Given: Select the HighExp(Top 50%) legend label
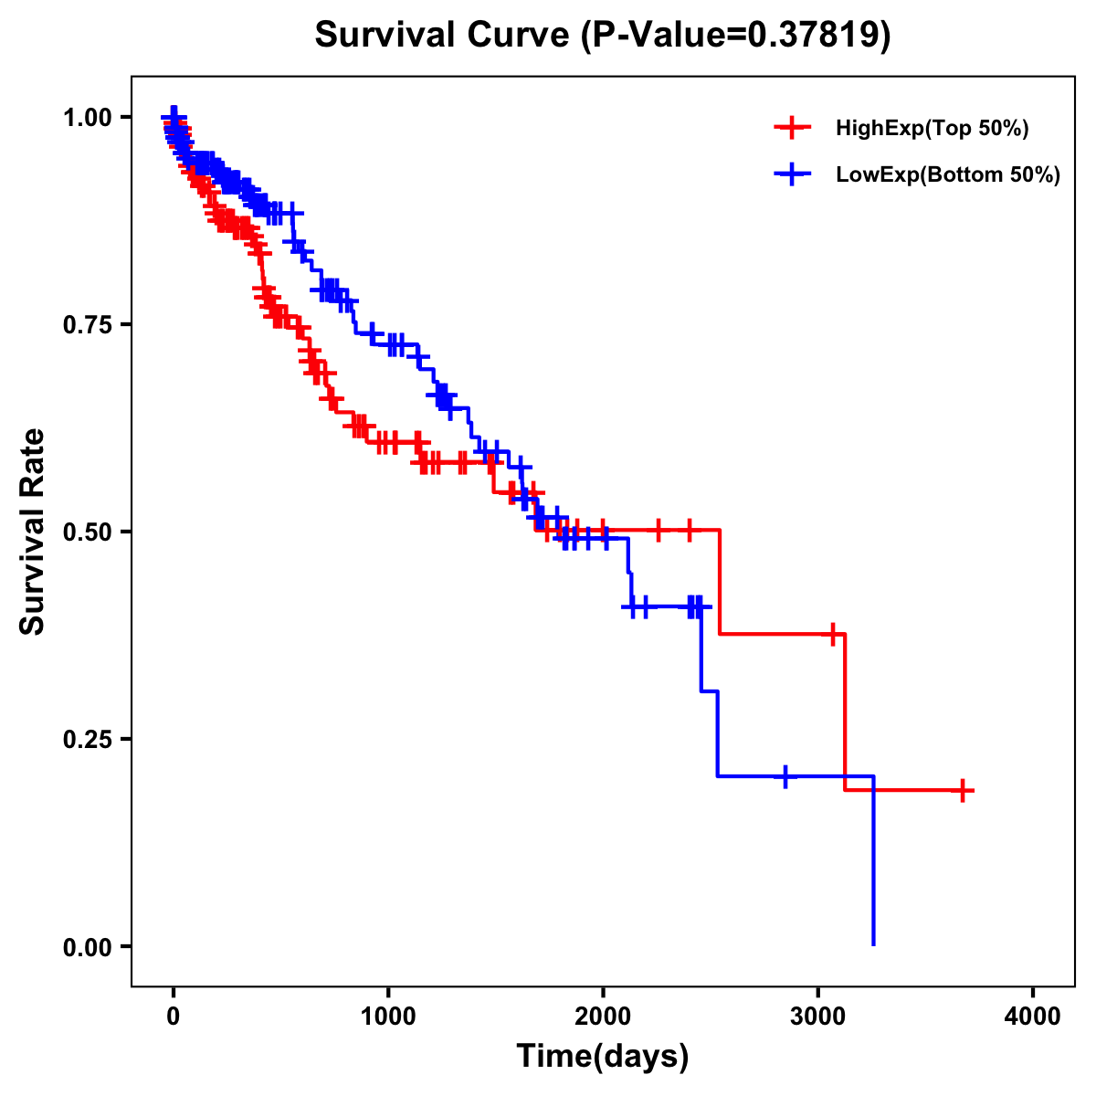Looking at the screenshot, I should click(933, 129).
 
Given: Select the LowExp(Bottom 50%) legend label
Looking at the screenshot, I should click(948, 174).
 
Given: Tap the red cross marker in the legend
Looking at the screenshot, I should click(792, 128).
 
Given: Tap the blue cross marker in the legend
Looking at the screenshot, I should click(792, 174).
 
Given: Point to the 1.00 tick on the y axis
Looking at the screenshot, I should click(86, 117).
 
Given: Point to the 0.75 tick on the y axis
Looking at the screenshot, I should click(86, 324).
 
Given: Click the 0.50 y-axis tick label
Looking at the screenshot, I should click(86, 532).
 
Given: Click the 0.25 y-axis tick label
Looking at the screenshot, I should click(86, 739).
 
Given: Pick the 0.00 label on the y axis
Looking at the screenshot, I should click(86, 946).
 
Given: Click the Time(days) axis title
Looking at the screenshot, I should click(603, 1057).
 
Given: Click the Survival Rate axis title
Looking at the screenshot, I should click(33, 532).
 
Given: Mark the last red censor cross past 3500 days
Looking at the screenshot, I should click(963, 791).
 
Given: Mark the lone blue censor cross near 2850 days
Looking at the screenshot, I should click(785, 776).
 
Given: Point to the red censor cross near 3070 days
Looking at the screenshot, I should click(832, 634).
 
